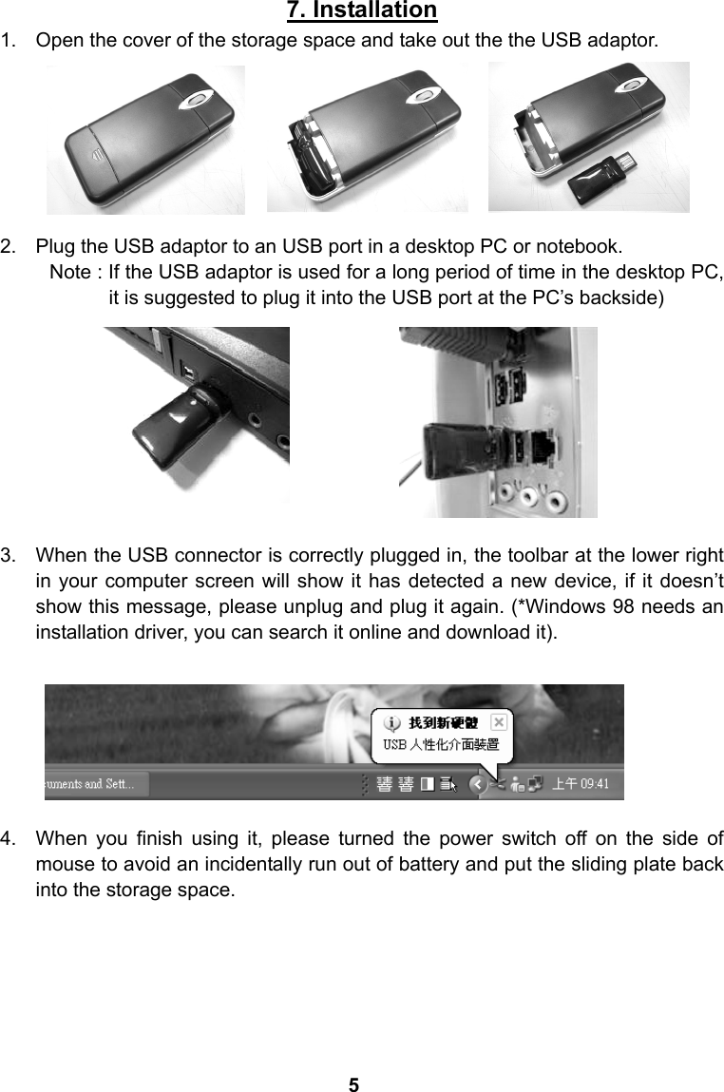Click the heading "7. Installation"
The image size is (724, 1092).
pyautogui.click(x=361, y=11)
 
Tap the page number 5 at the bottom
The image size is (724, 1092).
pyautogui.click(x=353, y=1084)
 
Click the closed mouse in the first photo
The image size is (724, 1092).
pyautogui.click(x=145, y=142)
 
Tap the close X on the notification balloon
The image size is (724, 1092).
pyautogui.click(x=499, y=722)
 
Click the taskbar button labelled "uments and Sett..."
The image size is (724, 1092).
pyautogui.click(x=90, y=784)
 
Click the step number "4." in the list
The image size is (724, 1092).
pyautogui.click(x=13, y=840)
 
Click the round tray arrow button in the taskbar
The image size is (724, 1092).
pyautogui.click(x=479, y=784)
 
